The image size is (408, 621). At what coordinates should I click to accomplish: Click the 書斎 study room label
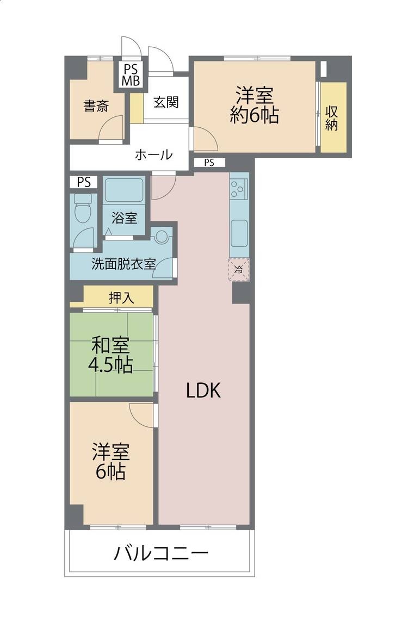[96, 105]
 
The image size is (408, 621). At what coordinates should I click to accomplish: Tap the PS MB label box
[131, 75]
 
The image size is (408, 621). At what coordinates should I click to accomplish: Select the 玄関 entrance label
[166, 102]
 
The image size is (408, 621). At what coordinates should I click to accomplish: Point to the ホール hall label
[154, 154]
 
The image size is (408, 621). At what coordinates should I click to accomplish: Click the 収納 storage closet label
[331, 117]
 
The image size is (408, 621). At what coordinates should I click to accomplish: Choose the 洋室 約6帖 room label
[254, 105]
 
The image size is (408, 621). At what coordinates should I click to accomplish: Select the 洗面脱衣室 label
[123, 264]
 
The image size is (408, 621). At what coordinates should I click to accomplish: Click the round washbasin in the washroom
[162, 237]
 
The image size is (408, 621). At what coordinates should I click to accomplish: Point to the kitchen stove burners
[238, 189]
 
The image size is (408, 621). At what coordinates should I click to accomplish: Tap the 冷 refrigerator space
[238, 270]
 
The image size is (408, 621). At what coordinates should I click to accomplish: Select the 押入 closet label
[121, 298]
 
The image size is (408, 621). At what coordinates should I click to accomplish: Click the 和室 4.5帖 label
[110, 355]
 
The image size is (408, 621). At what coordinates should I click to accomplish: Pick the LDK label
[203, 391]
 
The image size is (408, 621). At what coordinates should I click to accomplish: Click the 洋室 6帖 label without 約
[111, 462]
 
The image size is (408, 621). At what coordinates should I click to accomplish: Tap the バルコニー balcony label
[161, 553]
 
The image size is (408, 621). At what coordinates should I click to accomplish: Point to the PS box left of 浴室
[84, 182]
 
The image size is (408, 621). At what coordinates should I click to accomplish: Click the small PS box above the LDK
[209, 163]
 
